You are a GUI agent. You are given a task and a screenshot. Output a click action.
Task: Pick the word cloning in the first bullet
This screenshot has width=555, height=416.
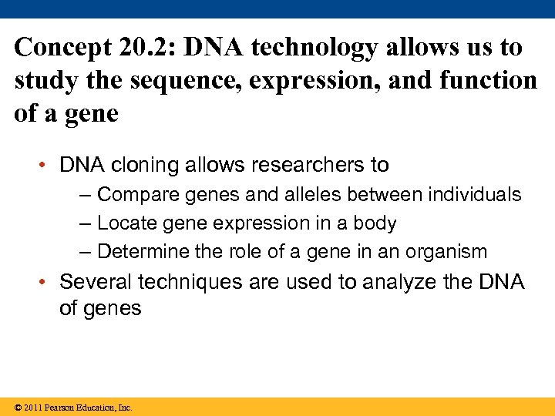click(143, 165)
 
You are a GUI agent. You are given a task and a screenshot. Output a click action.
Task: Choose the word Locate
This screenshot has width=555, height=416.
click(127, 223)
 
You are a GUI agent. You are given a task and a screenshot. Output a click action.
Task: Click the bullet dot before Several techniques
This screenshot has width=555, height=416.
click(48, 283)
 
